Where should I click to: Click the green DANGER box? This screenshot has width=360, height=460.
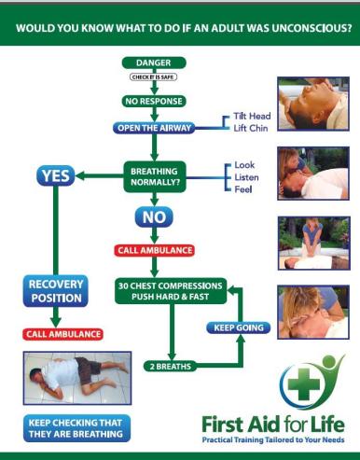click(154, 63)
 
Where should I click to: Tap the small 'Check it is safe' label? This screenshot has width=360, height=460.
click(153, 77)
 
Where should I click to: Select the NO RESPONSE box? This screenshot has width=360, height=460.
click(154, 101)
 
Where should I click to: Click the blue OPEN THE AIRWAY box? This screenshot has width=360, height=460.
click(154, 128)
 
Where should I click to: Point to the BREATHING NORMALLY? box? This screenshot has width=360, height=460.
click(155, 176)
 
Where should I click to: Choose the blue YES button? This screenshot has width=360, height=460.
click(56, 175)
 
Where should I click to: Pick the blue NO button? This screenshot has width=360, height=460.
click(154, 216)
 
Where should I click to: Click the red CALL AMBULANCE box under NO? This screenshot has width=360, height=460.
click(155, 250)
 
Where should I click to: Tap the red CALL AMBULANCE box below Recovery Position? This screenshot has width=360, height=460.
click(62, 334)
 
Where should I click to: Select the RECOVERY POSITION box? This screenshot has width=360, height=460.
click(56, 291)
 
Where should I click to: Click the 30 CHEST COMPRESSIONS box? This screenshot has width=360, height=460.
click(171, 291)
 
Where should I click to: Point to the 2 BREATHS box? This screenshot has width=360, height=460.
click(171, 366)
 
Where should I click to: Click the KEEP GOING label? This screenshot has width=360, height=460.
click(239, 328)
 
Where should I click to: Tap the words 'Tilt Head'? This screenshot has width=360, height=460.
click(252, 116)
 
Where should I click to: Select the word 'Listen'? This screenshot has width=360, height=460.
click(246, 177)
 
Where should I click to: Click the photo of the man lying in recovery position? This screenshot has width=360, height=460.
click(77, 378)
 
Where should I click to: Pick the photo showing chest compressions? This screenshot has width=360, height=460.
click(314, 244)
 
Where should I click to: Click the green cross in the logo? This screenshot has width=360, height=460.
click(304, 384)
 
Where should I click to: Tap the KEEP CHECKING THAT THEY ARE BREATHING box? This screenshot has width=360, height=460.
click(76, 428)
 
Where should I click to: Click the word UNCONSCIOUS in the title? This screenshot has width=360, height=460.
click(312, 28)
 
